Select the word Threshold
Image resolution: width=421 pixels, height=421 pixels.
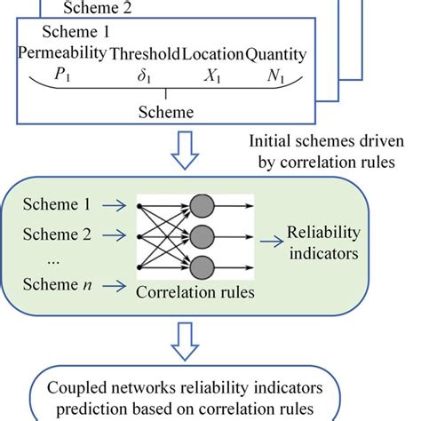[144, 55]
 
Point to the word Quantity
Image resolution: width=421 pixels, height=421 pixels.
[276, 55]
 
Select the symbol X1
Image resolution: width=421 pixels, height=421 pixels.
[213, 76]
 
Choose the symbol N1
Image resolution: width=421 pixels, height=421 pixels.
[277, 76]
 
